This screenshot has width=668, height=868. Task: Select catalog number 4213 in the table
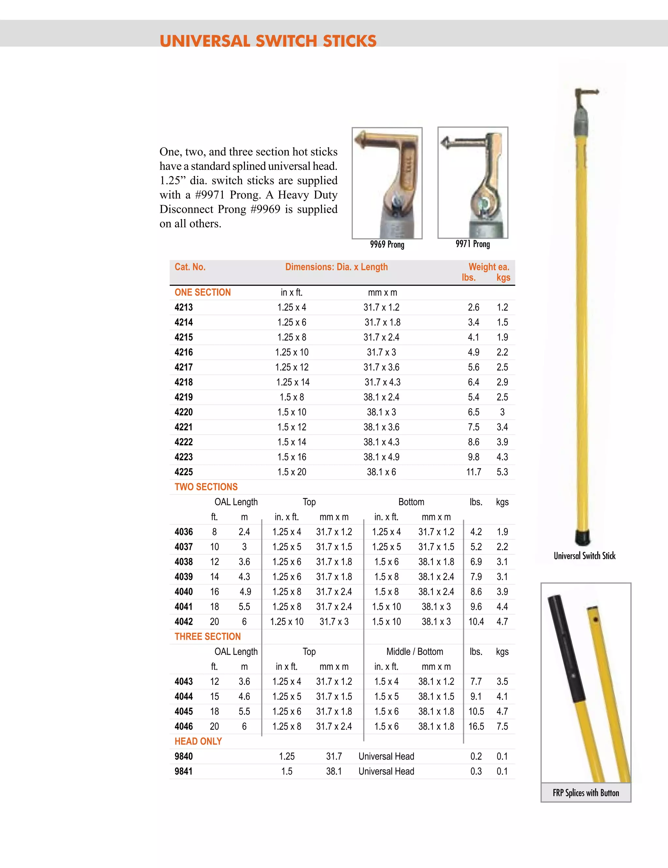[x=184, y=307]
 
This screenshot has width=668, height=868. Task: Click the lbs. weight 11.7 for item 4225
[x=473, y=472]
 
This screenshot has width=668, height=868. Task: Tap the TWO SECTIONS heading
[x=206, y=487]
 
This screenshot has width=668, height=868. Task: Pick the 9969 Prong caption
[x=387, y=245]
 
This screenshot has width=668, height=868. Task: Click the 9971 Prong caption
[x=473, y=244]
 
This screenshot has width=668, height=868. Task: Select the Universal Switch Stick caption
[x=584, y=556]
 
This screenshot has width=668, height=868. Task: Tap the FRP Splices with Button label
[x=586, y=793]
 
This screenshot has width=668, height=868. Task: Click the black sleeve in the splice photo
[x=566, y=648]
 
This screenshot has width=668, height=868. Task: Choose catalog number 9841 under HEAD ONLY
[x=184, y=771]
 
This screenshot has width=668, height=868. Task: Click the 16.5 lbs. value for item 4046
[x=476, y=727]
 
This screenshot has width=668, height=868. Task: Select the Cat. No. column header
[x=190, y=267]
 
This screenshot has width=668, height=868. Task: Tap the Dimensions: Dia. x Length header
[x=336, y=267]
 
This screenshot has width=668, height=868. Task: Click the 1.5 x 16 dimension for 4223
[x=292, y=457]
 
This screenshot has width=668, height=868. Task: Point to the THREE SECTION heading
[x=208, y=637]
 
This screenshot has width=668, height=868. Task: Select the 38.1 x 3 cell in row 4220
[x=381, y=412]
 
